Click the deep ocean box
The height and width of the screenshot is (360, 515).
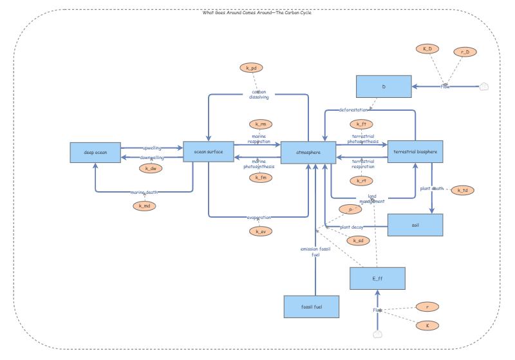point(96,153)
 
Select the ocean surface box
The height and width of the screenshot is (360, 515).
point(209,152)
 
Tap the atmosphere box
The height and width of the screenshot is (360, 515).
point(308,153)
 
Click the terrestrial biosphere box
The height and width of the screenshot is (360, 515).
point(415,152)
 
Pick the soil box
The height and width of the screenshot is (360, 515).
point(415,225)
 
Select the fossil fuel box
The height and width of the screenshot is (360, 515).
point(312,307)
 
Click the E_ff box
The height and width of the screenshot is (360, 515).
point(377,279)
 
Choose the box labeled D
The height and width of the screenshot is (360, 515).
point(384,86)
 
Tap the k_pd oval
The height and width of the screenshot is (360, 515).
point(251,68)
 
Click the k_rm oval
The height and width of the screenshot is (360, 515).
point(261,124)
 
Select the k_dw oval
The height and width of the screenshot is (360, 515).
point(151,169)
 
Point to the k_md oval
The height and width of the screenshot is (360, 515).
point(145,206)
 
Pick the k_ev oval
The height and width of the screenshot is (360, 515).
point(261,231)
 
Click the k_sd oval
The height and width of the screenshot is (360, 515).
point(358,241)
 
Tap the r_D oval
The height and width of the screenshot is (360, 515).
point(465,52)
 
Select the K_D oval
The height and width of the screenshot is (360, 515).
point(427,49)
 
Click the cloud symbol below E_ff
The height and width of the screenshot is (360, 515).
point(378,334)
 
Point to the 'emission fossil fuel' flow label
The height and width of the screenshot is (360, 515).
point(315,252)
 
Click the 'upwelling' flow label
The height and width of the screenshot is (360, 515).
point(153,148)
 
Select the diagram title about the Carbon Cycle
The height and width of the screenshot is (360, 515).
point(257,12)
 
